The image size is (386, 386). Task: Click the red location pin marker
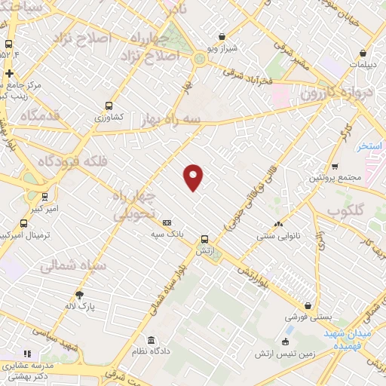[x=194, y=176]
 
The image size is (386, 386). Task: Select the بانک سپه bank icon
[x=167, y=222]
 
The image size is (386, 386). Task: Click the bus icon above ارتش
[x=204, y=239]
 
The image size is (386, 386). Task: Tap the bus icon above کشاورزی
[x=110, y=106]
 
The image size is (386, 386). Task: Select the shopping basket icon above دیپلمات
[x=363, y=54]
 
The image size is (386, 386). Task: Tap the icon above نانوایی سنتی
[x=279, y=224]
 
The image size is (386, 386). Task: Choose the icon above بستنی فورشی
[x=308, y=305]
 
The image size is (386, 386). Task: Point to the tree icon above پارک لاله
[x=78, y=295]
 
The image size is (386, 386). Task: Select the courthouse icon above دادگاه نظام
[x=152, y=339]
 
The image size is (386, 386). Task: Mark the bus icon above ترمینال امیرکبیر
[x=23, y=223]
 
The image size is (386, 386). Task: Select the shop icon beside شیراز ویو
[x=222, y=35]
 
